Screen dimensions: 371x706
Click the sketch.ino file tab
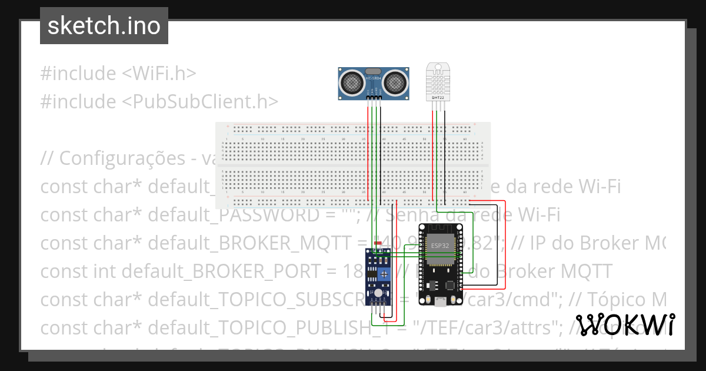coord(104,26)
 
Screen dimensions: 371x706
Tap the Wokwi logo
coord(625,324)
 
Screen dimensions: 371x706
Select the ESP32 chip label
coord(439,246)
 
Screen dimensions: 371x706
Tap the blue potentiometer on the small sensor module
coord(384,274)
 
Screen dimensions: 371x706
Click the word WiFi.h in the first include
coord(165,74)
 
